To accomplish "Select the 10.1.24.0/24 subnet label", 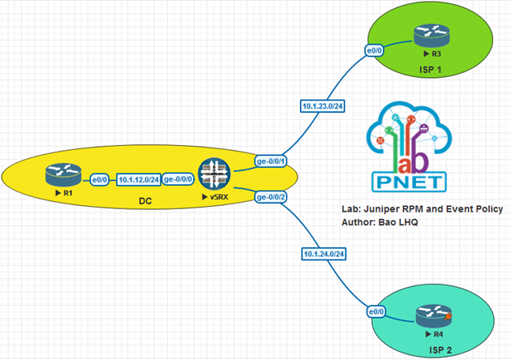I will pyautogui.click(x=321, y=255).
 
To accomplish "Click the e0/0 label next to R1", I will pyautogui.click(x=99, y=179).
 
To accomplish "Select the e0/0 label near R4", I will pyautogui.click(x=375, y=311).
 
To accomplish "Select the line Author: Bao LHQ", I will pyautogui.click(x=384, y=221).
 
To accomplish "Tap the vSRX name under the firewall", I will pyautogui.click(x=215, y=197).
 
